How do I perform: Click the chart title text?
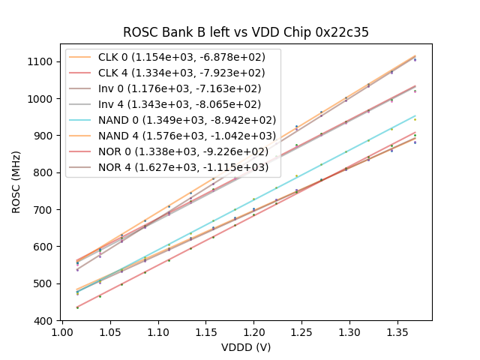point(246,33)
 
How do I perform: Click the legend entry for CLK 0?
point(187,58)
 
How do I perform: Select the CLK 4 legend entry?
point(187,73)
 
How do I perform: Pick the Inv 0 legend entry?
point(187,88)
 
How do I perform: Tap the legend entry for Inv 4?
point(187,104)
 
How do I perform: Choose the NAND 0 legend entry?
point(187,120)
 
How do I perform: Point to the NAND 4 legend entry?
point(187,136)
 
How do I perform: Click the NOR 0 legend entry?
point(187,151)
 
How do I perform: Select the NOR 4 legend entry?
point(187,166)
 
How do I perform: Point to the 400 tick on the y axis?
point(46,320)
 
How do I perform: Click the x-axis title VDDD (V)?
point(246,347)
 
